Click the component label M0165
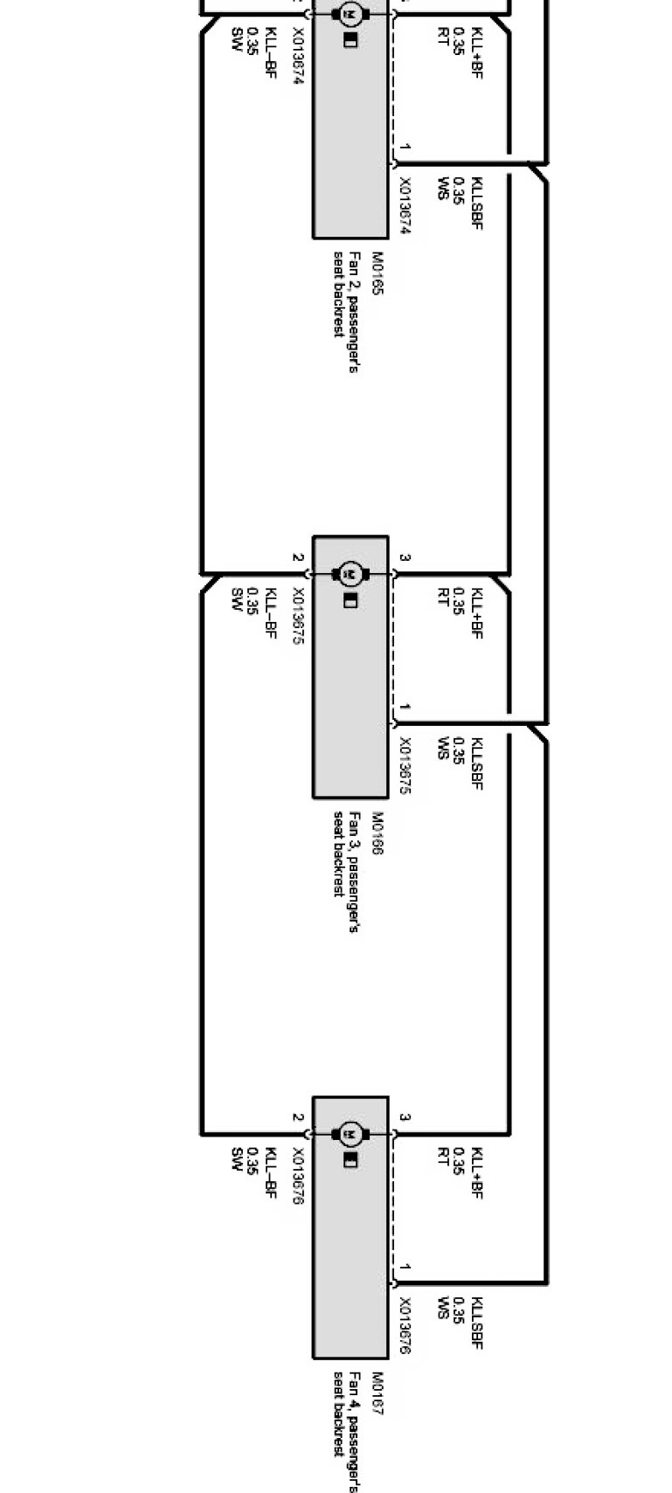[x=378, y=273]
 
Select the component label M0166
[x=378, y=833]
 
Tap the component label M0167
[x=378, y=1393]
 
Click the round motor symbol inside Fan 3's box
[x=351, y=573]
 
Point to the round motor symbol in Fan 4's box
[x=351, y=1134]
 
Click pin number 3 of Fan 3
[x=405, y=558]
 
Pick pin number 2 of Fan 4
[x=297, y=1118]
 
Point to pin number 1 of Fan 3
[x=405, y=707]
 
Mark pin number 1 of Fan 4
[x=405, y=1267]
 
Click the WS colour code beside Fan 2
[x=442, y=189]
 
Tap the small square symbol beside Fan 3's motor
[x=350, y=600]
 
